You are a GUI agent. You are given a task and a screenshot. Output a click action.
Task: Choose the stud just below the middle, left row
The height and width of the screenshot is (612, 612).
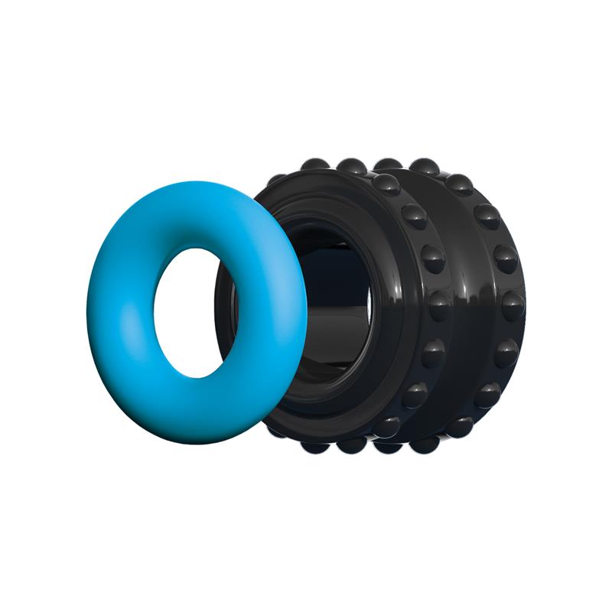[433, 352]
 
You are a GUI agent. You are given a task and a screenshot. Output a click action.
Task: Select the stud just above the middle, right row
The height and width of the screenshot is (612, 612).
[506, 258]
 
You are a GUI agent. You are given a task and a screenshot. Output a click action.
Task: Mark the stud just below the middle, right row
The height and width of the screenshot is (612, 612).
[506, 353]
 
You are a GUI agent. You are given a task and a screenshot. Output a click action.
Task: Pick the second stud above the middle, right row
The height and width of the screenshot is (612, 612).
[487, 216]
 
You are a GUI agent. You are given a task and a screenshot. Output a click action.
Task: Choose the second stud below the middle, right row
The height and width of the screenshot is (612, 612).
[487, 394]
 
